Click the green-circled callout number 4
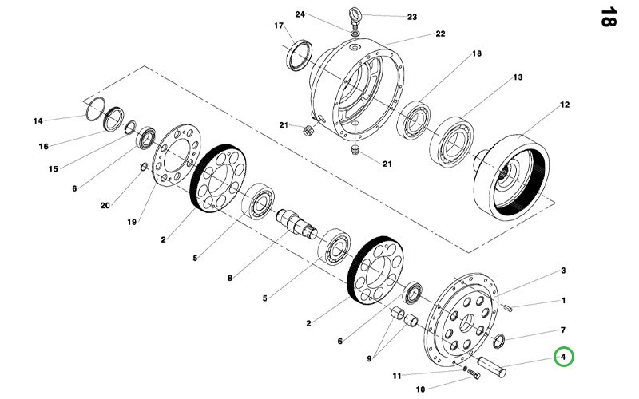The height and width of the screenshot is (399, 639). [x=563, y=357]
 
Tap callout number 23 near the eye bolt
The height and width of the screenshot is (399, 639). [x=412, y=17]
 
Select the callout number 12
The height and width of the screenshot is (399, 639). [x=565, y=105]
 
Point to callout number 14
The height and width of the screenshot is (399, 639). [x=38, y=121]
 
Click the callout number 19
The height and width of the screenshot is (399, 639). [x=132, y=222]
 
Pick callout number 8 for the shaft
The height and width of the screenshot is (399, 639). [x=230, y=278]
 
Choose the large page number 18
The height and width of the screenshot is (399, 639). [x=608, y=17]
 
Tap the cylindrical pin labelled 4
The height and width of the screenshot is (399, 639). [x=491, y=366]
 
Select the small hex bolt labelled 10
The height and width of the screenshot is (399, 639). [x=473, y=373]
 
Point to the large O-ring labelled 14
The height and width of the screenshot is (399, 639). [x=95, y=109]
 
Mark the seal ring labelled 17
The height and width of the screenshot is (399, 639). [x=300, y=55]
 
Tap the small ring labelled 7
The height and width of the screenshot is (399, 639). [x=498, y=341]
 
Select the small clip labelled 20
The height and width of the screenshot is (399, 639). [x=144, y=167]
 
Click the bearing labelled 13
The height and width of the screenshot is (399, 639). [x=452, y=142]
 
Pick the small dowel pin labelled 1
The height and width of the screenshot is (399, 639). [x=508, y=308]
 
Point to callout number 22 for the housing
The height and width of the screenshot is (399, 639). [x=440, y=34]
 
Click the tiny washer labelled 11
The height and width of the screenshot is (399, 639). [x=465, y=368]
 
